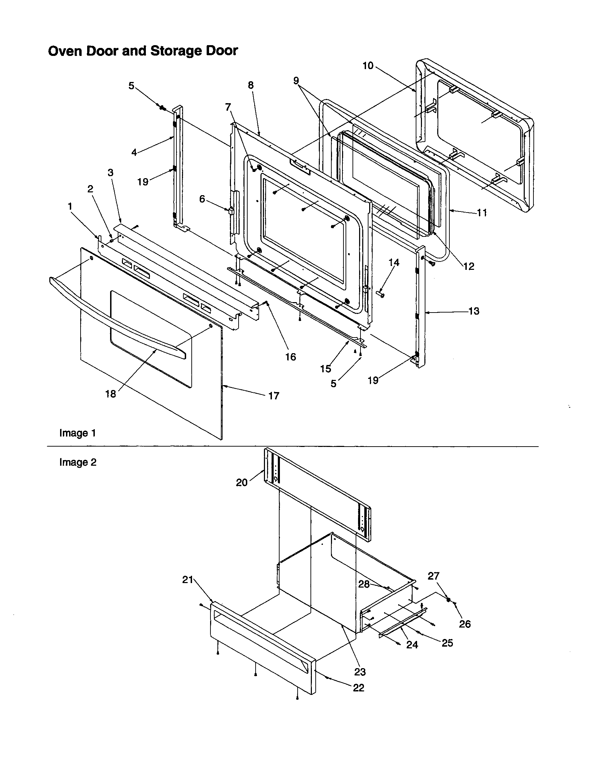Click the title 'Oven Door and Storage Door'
143,51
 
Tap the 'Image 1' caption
77,433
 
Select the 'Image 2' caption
77,463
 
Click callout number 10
368,66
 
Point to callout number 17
274,396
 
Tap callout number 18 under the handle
110,394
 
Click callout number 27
433,576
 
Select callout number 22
358,688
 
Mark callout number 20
242,483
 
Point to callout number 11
482,213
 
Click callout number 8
251,85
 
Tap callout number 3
110,173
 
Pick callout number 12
469,266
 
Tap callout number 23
360,672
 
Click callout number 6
202,199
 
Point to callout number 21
188,580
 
